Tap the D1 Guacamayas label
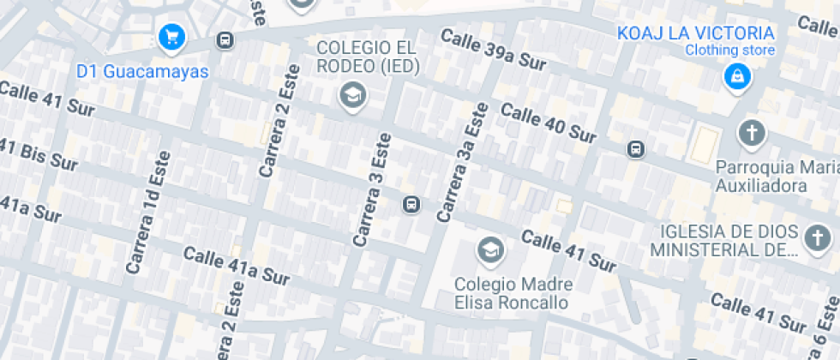(x=143, y=71)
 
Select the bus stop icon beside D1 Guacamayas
(x=225, y=40)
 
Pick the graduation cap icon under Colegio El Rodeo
(x=352, y=94)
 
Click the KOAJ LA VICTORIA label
(x=696, y=33)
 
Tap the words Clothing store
(x=729, y=51)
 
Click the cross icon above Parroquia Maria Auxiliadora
(x=752, y=133)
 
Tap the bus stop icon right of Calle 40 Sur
(x=636, y=149)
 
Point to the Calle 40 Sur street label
(x=549, y=123)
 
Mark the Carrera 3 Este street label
(x=372, y=189)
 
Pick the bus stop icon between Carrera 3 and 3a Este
(x=411, y=204)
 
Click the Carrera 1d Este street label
(x=148, y=213)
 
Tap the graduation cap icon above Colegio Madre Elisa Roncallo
(x=490, y=250)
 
